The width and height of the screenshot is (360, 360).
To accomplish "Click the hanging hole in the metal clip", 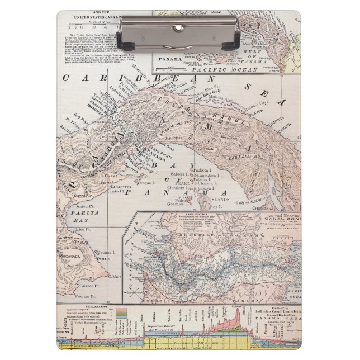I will (179, 27).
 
